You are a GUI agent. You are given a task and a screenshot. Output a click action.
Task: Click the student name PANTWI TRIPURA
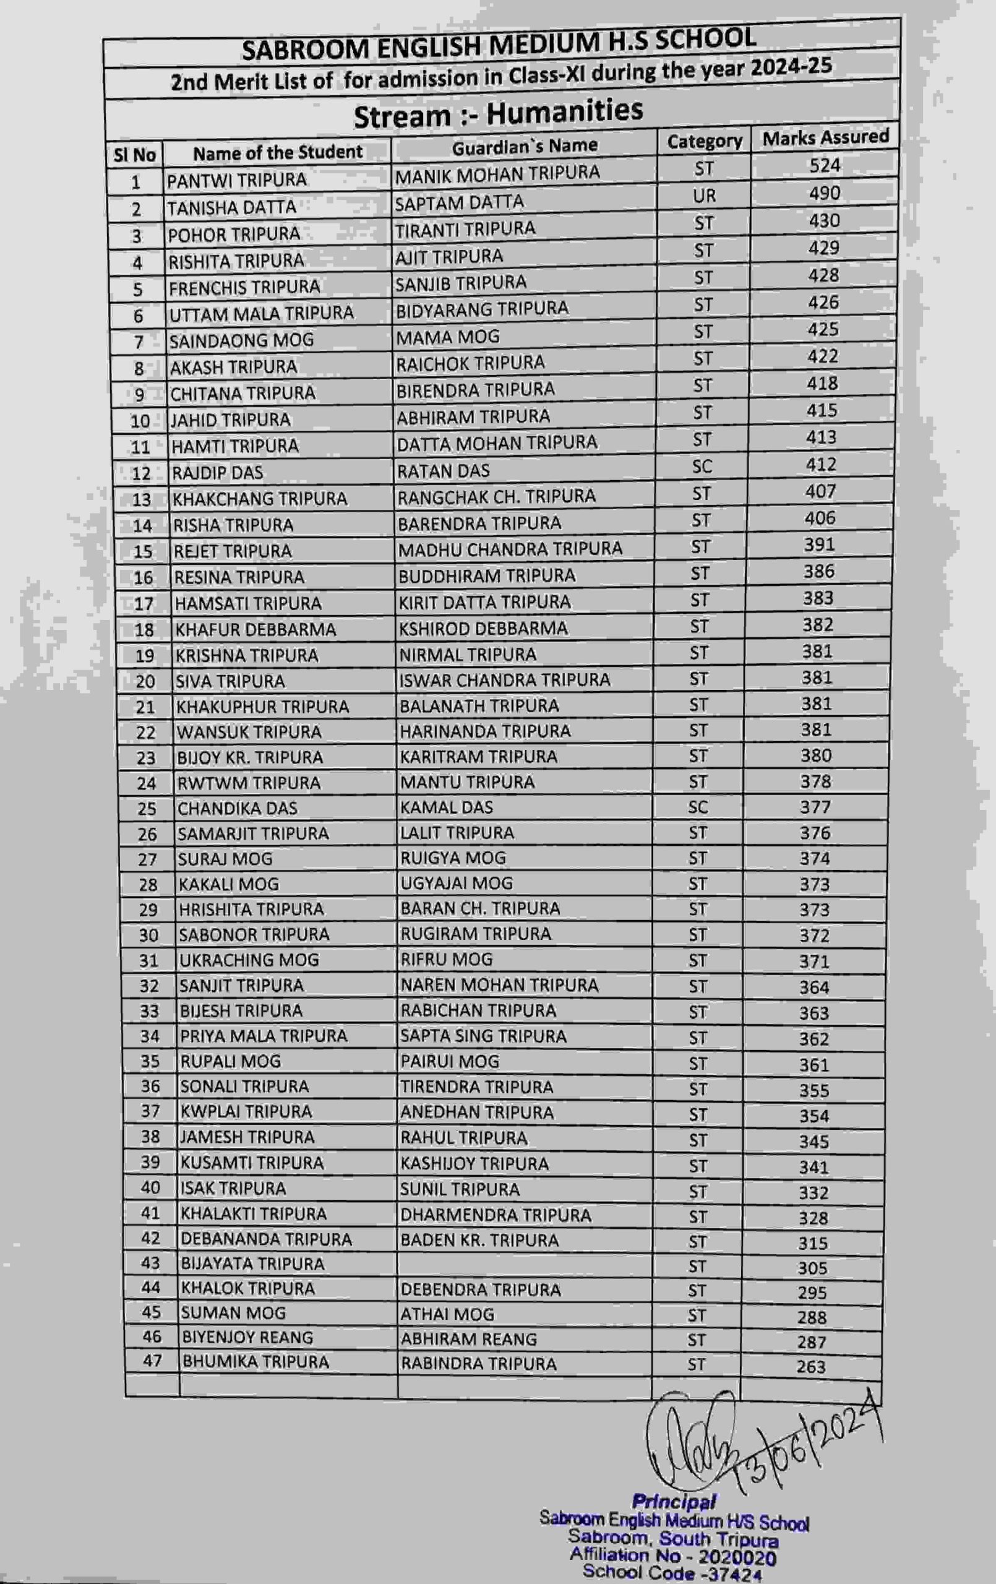(237, 180)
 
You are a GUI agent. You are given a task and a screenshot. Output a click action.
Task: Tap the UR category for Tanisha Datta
(704, 196)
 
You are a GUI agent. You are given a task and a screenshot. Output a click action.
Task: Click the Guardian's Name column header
(525, 146)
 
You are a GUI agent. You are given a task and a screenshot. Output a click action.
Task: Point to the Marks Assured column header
(826, 137)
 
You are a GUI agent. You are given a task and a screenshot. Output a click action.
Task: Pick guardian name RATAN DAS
(444, 471)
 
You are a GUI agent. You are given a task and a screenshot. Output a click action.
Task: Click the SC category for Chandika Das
(697, 807)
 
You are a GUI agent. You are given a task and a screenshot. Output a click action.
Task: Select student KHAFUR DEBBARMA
(255, 629)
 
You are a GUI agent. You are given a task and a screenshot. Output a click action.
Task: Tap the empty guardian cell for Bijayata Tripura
(525, 1263)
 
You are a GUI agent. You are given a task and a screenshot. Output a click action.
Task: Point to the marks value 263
(810, 1366)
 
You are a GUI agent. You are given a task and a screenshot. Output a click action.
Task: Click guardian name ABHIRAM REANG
(468, 1338)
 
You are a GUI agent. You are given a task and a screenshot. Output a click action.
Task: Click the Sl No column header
(135, 155)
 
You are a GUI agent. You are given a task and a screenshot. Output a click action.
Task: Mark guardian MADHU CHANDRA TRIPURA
(510, 549)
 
